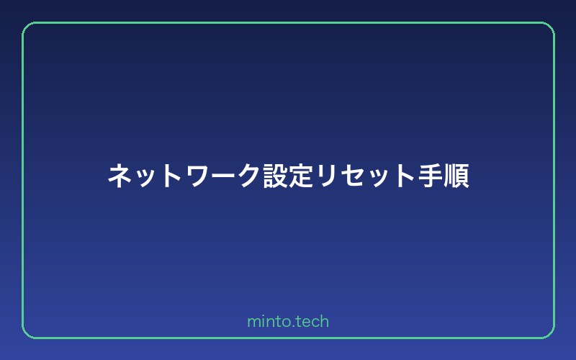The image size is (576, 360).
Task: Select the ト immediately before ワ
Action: (x=171, y=176)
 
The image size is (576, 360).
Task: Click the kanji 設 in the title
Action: (x=274, y=176)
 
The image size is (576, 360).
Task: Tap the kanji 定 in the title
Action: (x=300, y=176)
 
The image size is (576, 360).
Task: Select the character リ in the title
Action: (x=325, y=176)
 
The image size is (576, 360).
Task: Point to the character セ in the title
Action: (x=351, y=176)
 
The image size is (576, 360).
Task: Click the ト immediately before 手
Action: (x=403, y=176)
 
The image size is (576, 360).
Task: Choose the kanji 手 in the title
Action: (x=430, y=176)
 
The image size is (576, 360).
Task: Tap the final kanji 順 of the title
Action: (x=456, y=176)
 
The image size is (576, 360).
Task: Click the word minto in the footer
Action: (x=266, y=322)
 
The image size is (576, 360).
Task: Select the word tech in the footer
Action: (x=311, y=322)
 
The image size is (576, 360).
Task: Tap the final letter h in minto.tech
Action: (x=325, y=321)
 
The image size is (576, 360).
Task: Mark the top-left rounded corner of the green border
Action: (x=27, y=27)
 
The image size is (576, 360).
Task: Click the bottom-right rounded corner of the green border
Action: (x=549, y=333)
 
